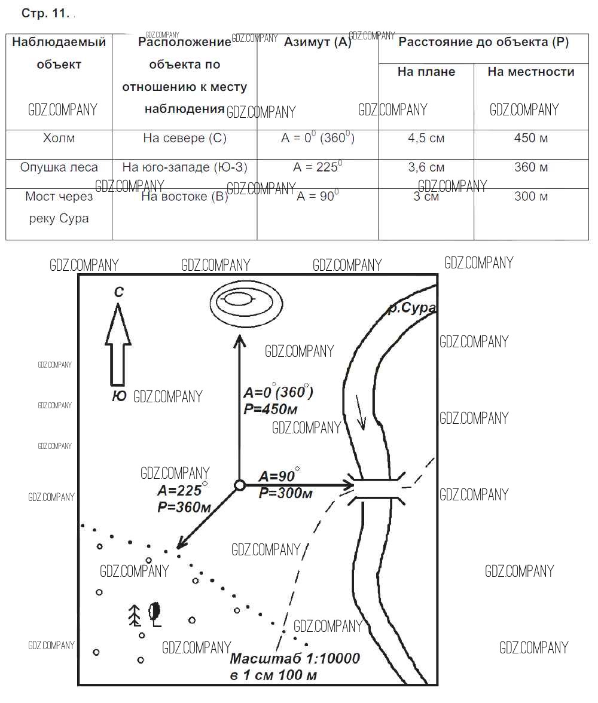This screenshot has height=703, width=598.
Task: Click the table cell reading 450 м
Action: pyautogui.click(x=531, y=138)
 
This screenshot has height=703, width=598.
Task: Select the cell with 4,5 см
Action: pyautogui.click(x=426, y=138)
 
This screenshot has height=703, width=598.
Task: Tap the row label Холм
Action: pyautogui.click(x=59, y=138)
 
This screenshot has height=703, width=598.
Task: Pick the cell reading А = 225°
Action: pyautogui.click(x=318, y=167)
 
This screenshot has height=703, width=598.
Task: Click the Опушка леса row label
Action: pyautogui.click(x=59, y=167)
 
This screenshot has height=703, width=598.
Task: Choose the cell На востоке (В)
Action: pyautogui.click(x=185, y=197)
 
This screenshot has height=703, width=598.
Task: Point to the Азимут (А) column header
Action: pyautogui.click(x=318, y=42)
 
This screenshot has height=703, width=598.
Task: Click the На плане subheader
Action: pyautogui.click(x=426, y=72)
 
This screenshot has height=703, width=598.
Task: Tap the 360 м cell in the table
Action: pyautogui.click(x=531, y=167)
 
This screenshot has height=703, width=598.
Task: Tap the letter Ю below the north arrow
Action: pyautogui.click(x=119, y=396)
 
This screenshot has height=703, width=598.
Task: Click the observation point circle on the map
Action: pyautogui.click(x=239, y=485)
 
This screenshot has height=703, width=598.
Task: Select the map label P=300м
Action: pyautogui.click(x=286, y=493)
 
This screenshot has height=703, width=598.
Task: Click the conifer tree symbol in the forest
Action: pyautogui.click(x=135, y=615)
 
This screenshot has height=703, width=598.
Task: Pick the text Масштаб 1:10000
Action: pyautogui.click(x=295, y=659)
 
